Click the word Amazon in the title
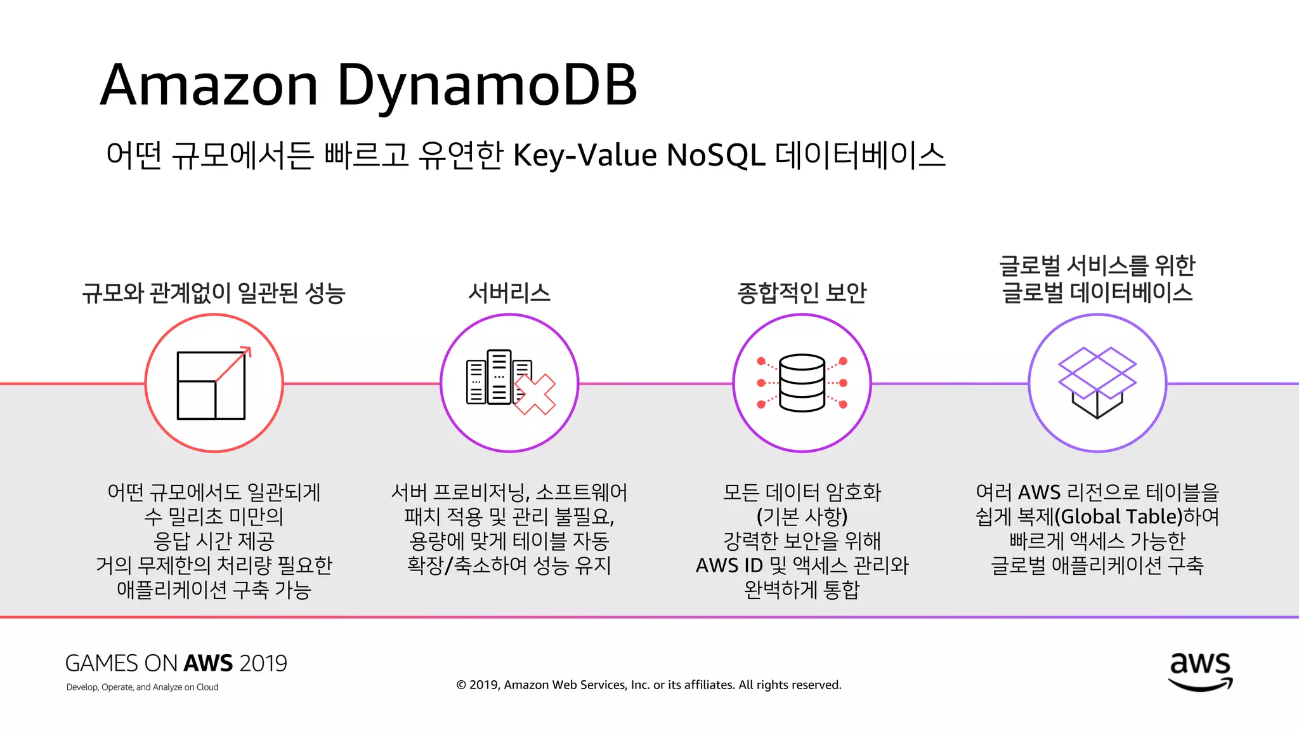pyautogui.click(x=209, y=86)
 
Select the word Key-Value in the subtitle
pyautogui.click(x=584, y=155)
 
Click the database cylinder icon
pyautogui.click(x=802, y=383)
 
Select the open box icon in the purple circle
pyautogui.click(x=1097, y=383)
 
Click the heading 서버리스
pyautogui.click(x=509, y=293)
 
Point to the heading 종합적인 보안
pyautogui.click(x=802, y=293)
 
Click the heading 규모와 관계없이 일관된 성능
pyautogui.click(x=214, y=293)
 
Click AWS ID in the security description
pyautogui.click(x=729, y=565)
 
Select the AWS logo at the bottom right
pyautogui.click(x=1200, y=671)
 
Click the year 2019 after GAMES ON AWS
pyautogui.click(x=263, y=664)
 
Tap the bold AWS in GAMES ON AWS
pyautogui.click(x=208, y=664)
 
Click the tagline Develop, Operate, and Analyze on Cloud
pyautogui.click(x=142, y=687)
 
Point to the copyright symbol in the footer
pyautogui.click(x=461, y=685)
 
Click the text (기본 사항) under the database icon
pyautogui.click(x=802, y=517)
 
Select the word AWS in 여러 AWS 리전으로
pyautogui.click(x=1039, y=492)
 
